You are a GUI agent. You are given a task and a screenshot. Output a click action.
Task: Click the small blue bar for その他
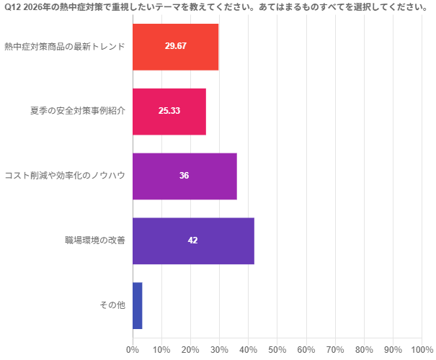click(x=137, y=305)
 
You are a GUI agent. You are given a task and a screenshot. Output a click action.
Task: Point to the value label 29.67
click(x=175, y=46)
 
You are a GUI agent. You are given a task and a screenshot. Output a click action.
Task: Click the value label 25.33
click(x=169, y=111)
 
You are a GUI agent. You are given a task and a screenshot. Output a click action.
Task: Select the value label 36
click(x=184, y=176)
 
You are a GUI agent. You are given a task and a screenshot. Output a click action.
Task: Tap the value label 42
click(x=192, y=240)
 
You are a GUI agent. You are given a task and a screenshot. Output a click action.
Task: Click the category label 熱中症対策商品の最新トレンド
click(x=65, y=47)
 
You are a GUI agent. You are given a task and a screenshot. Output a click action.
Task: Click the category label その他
click(x=112, y=305)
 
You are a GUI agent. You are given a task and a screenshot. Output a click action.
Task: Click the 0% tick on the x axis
click(x=133, y=350)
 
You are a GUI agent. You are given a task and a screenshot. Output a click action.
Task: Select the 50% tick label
click(x=277, y=350)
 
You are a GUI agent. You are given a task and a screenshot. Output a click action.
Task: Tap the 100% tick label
click(x=422, y=350)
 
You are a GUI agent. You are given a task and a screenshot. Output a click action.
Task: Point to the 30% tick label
click(x=219, y=350)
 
